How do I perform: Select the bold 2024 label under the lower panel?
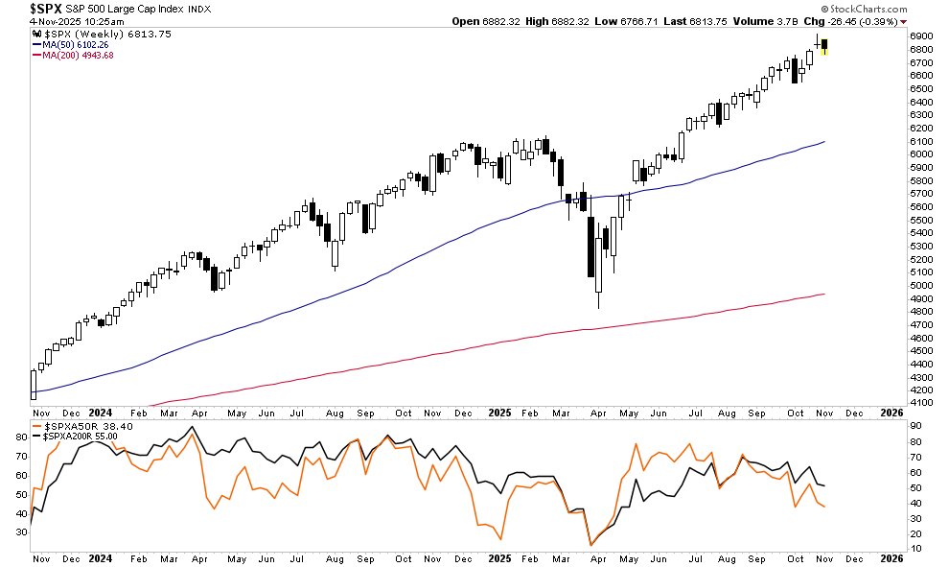point(100,556)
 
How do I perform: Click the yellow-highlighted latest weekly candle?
point(824,44)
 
